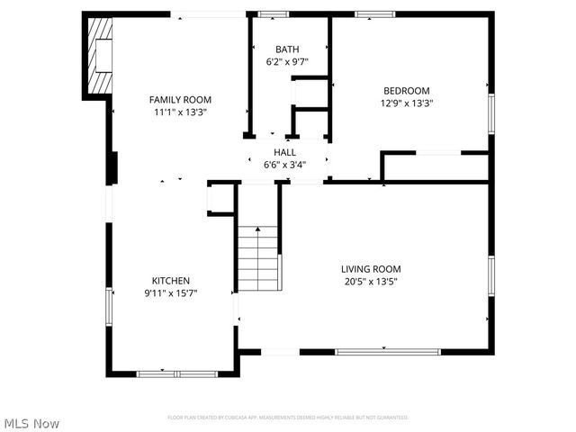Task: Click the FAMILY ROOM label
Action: click(180, 100)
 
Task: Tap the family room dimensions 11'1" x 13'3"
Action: click(180, 113)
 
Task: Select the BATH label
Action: click(287, 49)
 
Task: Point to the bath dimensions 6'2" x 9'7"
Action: click(287, 63)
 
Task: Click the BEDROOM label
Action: click(407, 90)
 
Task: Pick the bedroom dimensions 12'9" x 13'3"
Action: click(407, 103)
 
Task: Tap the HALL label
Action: click(284, 153)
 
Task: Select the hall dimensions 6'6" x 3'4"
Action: click(284, 166)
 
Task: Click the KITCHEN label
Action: click(170, 281)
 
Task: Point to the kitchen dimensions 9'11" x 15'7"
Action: click(170, 293)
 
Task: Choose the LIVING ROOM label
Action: click(370, 269)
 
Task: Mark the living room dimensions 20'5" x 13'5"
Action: click(370, 282)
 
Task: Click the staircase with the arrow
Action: click(258, 258)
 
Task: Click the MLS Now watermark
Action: click(31, 423)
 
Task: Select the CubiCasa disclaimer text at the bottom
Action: click(288, 418)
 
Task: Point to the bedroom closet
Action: click(436, 166)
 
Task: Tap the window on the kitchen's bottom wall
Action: click(177, 373)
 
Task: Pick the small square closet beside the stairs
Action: click(222, 198)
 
